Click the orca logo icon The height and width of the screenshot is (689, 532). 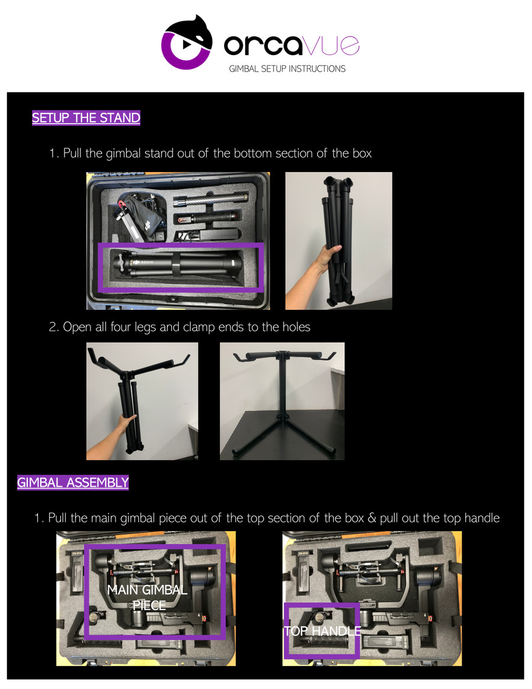coord(187,43)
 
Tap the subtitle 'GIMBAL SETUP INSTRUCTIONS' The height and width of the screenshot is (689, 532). coord(287,69)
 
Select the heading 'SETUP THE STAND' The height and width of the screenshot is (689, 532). coord(86,118)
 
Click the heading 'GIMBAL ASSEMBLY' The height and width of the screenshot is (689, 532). coord(73,483)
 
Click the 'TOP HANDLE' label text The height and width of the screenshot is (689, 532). coord(322,632)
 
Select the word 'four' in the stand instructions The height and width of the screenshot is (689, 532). coord(122,326)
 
